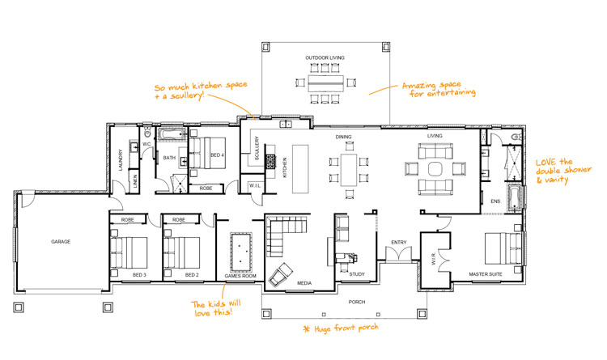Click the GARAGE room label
click(x=61, y=242)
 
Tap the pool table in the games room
click(x=241, y=252)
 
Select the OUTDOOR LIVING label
click(x=325, y=57)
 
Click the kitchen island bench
click(x=300, y=169)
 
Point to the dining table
click(x=349, y=170)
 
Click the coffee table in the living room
click(x=435, y=169)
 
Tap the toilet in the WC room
click(x=147, y=133)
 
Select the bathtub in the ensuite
click(x=514, y=198)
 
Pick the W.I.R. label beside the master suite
click(x=434, y=259)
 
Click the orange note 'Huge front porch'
click(x=341, y=328)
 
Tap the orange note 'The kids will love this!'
click(x=216, y=307)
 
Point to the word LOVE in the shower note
click(x=545, y=162)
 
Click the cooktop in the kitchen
click(x=271, y=162)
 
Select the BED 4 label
click(x=217, y=155)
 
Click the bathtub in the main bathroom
click(x=172, y=134)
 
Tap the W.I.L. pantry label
click(x=255, y=186)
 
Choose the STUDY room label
click(x=357, y=274)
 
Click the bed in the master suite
click(x=503, y=248)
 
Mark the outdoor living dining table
click(x=326, y=83)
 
